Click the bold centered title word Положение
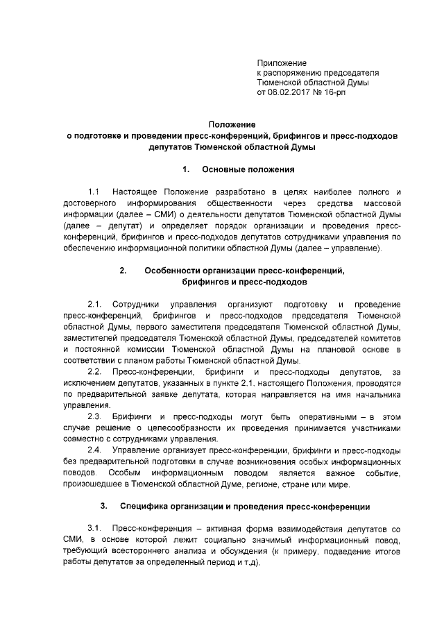pyautogui.click(x=232, y=124)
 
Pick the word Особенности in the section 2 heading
pyautogui.click(x=176, y=271)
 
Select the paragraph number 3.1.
pyautogui.click(x=95, y=528)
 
